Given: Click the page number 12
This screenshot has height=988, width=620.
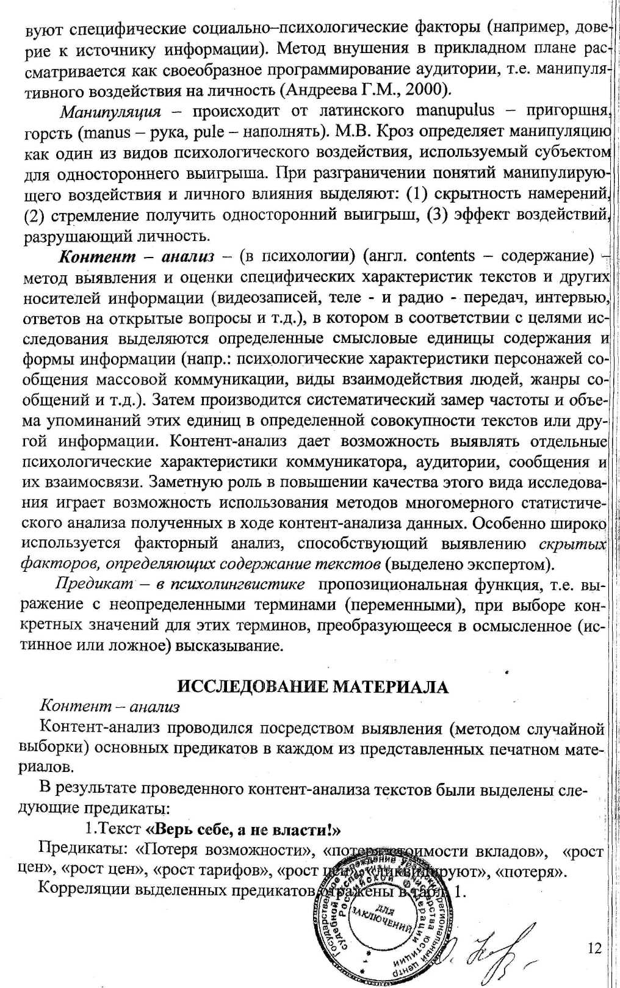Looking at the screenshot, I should tap(594, 947).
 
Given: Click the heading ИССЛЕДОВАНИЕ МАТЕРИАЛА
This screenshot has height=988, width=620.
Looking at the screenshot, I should tap(312, 687).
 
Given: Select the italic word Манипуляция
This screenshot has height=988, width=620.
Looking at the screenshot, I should tap(110, 112).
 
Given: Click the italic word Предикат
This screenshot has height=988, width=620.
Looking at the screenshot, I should tap(95, 583).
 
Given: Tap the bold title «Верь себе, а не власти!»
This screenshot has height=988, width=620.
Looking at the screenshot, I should tap(242, 830).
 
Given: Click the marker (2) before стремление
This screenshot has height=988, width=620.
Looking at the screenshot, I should tap(34, 215).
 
